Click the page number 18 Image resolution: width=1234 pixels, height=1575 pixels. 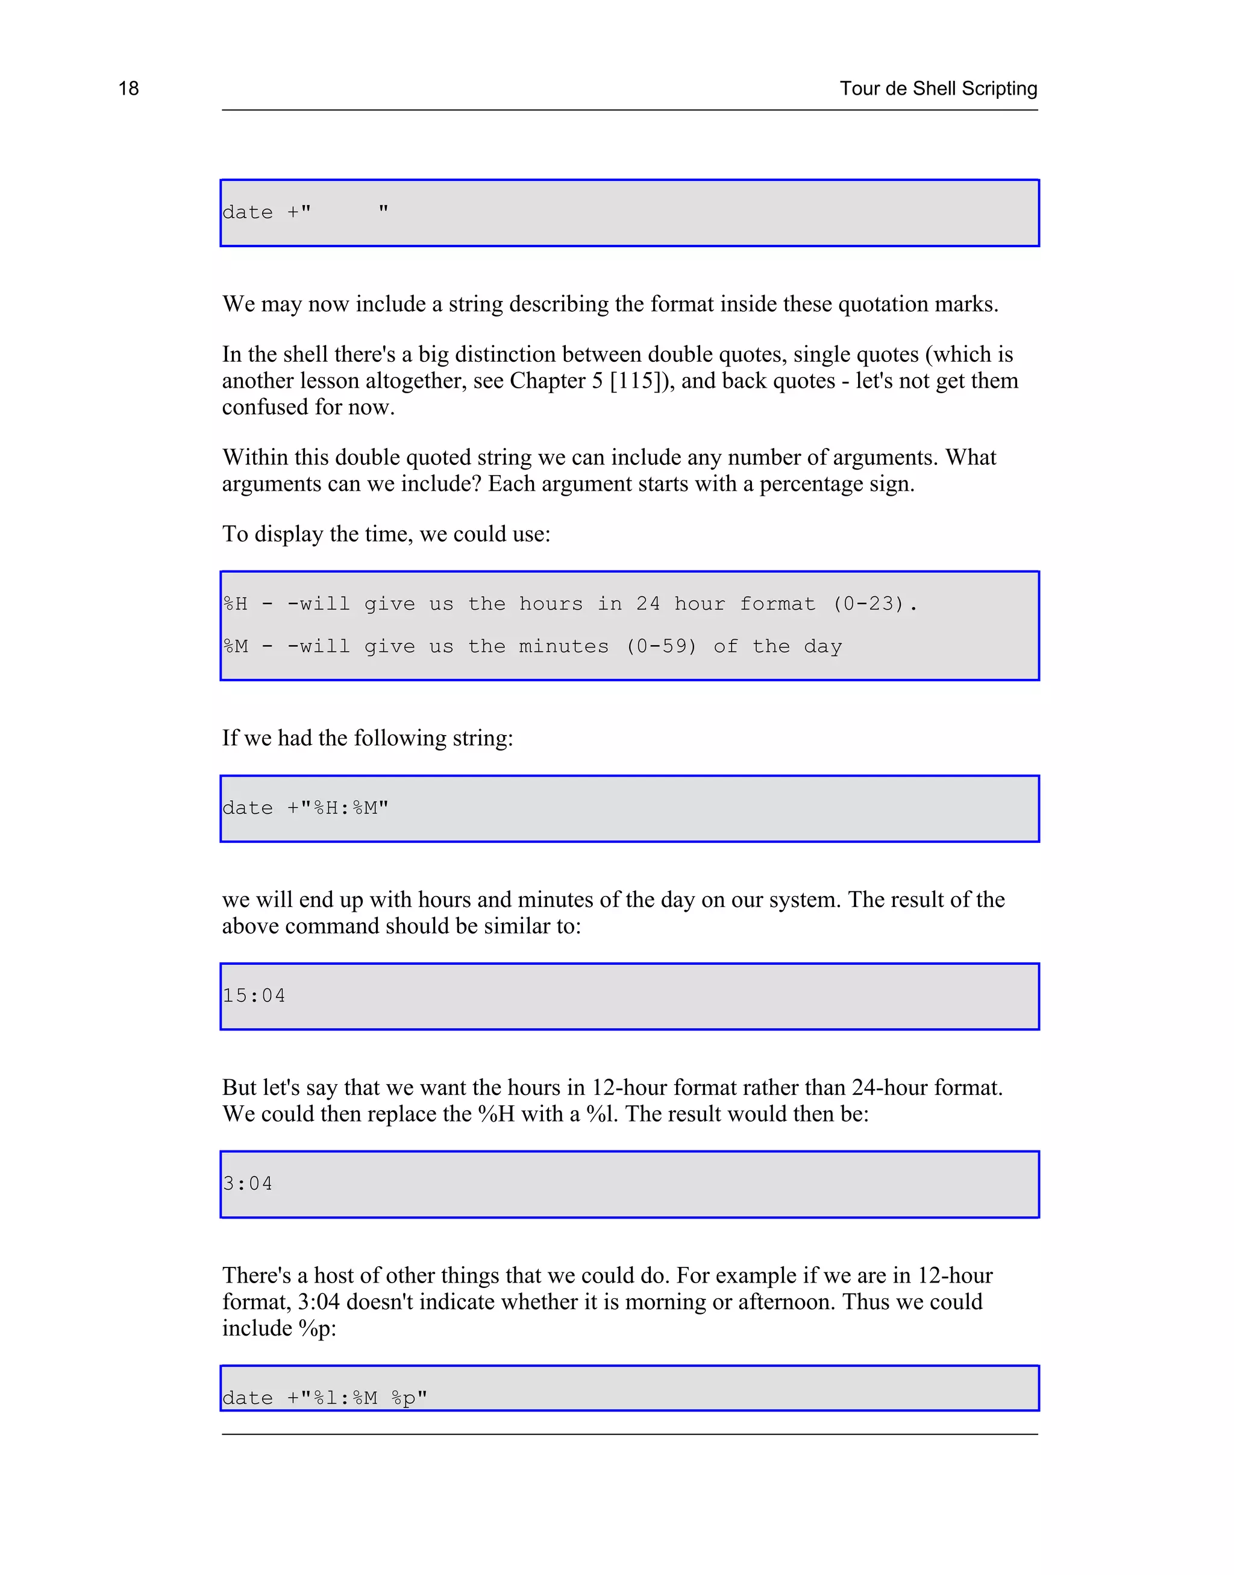click(128, 88)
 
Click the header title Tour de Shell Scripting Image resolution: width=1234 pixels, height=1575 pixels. click(938, 88)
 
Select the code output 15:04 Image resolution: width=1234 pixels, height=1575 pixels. click(254, 996)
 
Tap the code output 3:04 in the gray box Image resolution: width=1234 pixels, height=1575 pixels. click(248, 1184)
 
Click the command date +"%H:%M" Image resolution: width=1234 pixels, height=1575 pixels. click(305, 808)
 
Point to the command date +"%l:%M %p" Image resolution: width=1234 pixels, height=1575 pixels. click(324, 1398)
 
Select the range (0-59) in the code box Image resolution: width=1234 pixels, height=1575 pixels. click(661, 646)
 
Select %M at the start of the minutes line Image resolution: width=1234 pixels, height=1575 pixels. click(236, 646)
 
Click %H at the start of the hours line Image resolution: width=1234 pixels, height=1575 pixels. click(236, 604)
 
